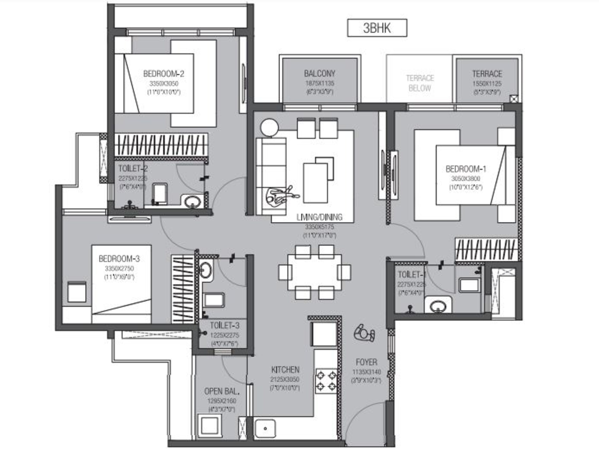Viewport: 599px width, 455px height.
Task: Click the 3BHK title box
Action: (x=377, y=28)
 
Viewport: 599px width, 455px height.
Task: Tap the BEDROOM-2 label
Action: (x=164, y=74)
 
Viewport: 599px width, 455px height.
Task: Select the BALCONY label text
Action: (x=320, y=73)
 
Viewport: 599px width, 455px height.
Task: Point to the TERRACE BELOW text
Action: (x=420, y=83)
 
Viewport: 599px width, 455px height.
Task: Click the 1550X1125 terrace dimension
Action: (x=487, y=84)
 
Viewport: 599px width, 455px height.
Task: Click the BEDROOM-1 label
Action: (x=466, y=169)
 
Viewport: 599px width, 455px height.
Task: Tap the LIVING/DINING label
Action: (x=319, y=217)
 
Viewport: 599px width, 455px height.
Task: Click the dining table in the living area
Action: (x=314, y=272)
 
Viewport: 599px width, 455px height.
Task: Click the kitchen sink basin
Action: (x=265, y=428)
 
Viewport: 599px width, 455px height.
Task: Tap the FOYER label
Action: (x=366, y=362)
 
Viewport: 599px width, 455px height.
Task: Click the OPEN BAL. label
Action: (x=222, y=391)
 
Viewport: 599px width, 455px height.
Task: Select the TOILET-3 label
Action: (x=224, y=325)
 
